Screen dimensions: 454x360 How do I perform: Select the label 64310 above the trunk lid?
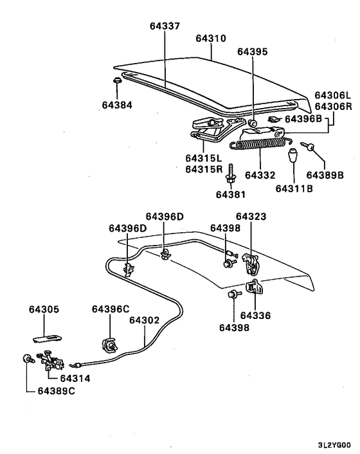coord(210,39)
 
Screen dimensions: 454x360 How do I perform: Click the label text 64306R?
coord(332,107)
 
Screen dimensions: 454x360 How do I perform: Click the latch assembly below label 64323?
coord(255,263)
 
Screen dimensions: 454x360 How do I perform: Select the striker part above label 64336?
coord(255,287)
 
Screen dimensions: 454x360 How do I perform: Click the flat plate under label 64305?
coord(49,334)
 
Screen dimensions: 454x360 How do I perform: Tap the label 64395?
coord(252,51)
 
